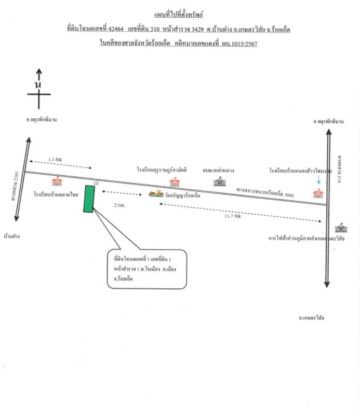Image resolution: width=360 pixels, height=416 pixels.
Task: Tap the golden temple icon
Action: pyautogui.click(x=155, y=194)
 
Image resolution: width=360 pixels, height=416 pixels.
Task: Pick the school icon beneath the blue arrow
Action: pyautogui.click(x=318, y=193)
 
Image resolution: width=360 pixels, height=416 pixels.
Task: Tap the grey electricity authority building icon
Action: pyautogui.click(x=341, y=228)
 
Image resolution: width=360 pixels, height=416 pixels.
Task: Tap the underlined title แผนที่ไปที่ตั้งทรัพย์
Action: pyautogui.click(x=179, y=17)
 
